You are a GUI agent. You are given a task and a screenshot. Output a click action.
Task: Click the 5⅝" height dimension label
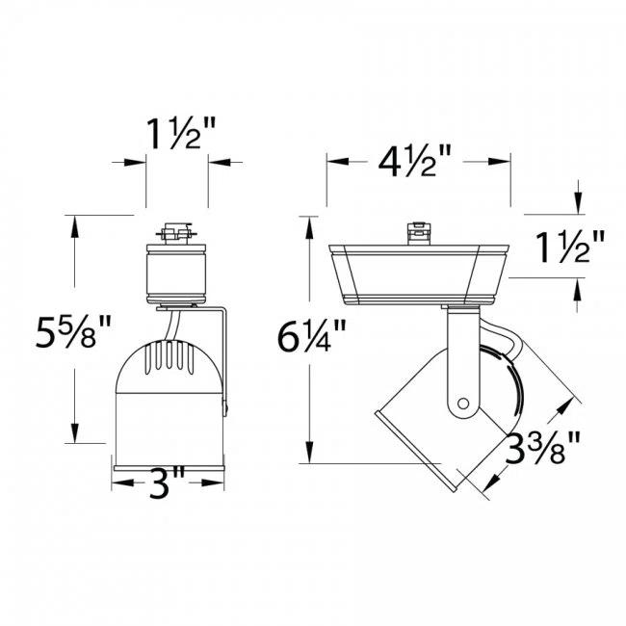pos(68,334)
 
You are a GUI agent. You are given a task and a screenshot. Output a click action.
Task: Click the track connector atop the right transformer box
pos(418,232)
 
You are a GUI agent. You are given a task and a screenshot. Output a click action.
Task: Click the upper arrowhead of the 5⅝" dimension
pos(74,222)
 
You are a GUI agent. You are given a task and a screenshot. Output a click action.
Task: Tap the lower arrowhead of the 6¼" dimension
pos(308,456)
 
